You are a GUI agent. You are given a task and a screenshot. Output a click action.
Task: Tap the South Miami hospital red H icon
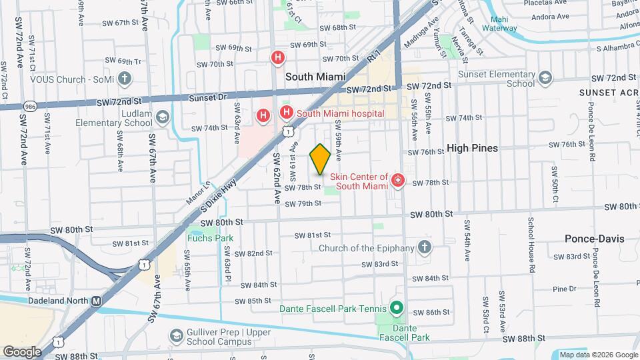point(287,113)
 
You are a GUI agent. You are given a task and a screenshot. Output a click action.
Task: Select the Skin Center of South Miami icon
point(398,180)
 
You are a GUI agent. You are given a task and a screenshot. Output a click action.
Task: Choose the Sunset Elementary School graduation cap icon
point(545,79)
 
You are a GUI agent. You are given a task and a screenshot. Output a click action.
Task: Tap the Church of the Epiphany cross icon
point(425,248)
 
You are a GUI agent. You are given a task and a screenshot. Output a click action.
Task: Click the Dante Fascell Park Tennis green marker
point(395,308)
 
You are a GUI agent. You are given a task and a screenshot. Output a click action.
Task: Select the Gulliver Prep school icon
point(176,335)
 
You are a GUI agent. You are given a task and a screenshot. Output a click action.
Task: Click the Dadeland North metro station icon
point(96,301)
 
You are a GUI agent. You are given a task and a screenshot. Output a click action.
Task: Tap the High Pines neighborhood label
point(472,148)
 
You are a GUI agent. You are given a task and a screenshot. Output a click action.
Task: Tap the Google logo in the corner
point(22,351)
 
